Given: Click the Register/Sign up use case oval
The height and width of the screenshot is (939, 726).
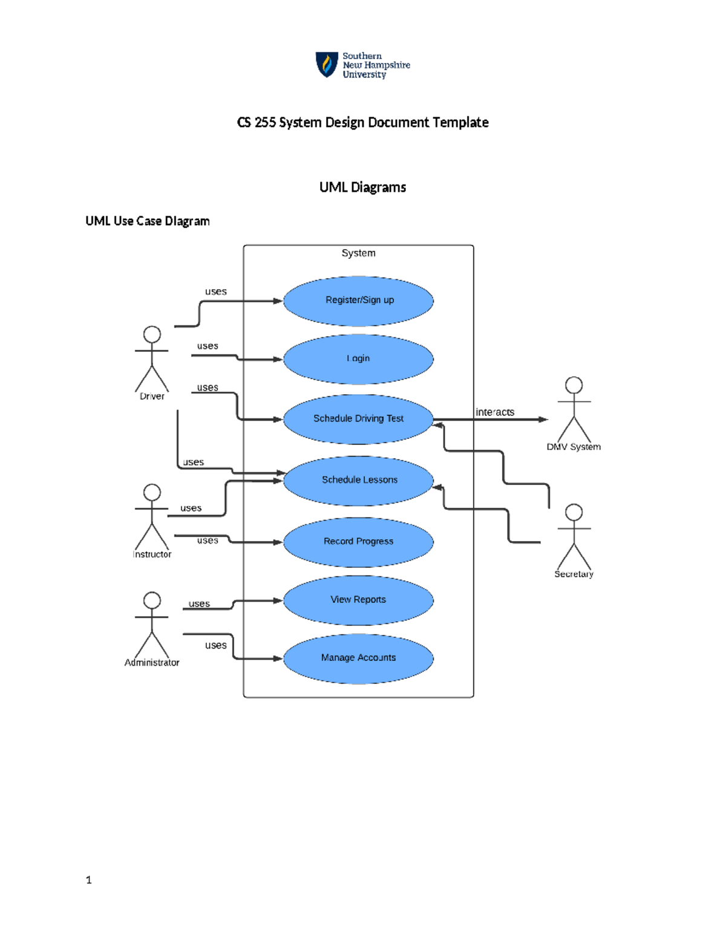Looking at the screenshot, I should [x=359, y=301].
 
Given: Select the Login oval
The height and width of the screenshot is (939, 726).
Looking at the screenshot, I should [x=359, y=359].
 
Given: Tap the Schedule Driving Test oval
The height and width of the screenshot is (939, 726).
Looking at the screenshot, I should [x=359, y=418].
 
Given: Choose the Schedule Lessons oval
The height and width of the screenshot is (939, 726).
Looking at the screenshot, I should [x=359, y=480].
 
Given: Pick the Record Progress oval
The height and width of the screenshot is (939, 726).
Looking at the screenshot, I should [x=359, y=542].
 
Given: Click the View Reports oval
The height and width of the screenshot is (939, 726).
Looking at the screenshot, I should [x=359, y=600].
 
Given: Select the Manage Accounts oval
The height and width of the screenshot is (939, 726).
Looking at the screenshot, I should [x=359, y=658].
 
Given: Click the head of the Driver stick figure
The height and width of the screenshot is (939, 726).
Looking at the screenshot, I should [x=152, y=334].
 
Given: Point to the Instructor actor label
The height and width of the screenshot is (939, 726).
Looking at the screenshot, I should [x=152, y=554].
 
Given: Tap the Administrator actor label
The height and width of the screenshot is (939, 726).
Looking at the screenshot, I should [x=152, y=663].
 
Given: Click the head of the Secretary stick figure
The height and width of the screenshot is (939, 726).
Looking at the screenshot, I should [x=574, y=513].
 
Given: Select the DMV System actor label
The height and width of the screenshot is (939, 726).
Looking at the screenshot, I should [x=574, y=447].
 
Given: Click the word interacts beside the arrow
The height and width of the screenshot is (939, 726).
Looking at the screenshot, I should [x=495, y=412].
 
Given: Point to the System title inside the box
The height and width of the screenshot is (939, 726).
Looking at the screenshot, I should [x=358, y=253].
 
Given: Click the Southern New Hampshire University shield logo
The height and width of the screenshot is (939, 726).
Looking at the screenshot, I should [x=327, y=65].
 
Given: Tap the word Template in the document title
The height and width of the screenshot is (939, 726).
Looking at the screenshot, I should [x=460, y=123].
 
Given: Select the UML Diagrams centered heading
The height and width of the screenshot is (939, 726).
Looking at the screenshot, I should [x=362, y=187].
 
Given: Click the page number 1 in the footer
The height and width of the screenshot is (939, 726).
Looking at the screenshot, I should [x=89, y=880].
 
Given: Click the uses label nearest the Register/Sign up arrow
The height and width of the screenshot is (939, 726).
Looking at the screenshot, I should [x=216, y=292].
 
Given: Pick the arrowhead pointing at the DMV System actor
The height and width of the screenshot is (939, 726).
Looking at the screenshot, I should [x=543, y=420].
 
